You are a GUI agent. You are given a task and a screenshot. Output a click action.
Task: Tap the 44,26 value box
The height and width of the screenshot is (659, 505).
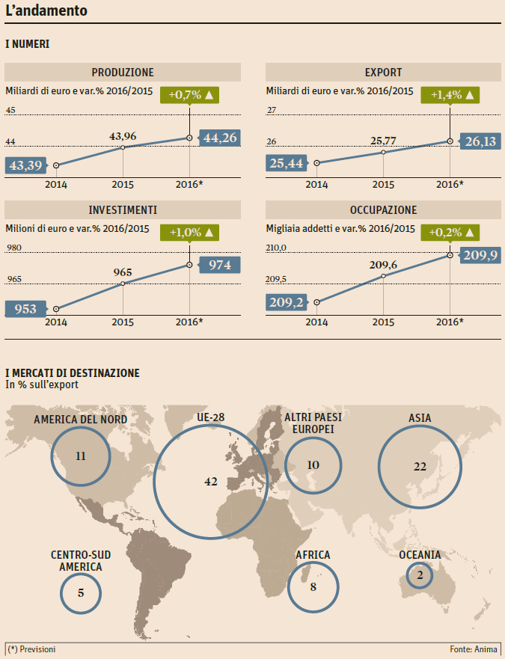220,138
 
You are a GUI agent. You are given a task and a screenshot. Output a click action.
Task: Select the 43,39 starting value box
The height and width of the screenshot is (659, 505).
25,165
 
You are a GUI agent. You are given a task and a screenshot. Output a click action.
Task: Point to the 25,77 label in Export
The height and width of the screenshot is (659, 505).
383,140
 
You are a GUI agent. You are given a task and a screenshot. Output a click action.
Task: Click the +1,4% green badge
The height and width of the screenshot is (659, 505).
450,95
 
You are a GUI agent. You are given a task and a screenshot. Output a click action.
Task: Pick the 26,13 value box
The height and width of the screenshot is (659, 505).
480,141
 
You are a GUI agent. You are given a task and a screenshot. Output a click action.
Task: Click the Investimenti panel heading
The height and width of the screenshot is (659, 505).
123,209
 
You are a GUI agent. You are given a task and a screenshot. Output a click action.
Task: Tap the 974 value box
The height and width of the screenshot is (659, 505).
220,265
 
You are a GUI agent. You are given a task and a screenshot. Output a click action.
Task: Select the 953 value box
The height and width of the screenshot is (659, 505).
25,308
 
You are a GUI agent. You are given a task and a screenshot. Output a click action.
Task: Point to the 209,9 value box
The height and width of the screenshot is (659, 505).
480,256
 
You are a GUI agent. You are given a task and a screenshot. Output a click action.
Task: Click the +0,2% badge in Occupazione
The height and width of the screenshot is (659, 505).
450,232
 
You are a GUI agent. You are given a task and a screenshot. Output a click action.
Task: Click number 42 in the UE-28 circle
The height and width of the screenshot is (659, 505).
210,482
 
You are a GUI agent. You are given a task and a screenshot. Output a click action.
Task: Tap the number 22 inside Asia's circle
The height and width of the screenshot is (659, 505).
419,466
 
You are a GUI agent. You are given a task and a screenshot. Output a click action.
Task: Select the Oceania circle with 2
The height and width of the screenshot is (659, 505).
420,575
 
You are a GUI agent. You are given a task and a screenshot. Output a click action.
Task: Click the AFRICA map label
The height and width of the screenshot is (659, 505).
313,555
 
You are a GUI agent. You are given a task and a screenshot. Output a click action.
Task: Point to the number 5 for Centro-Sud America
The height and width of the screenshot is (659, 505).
80,593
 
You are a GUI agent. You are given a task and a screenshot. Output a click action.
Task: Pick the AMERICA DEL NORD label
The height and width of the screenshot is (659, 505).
80,419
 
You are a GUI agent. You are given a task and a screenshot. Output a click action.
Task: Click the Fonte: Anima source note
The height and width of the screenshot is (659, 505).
474,649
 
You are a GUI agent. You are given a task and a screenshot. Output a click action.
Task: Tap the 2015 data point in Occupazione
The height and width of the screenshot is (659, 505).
383,276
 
